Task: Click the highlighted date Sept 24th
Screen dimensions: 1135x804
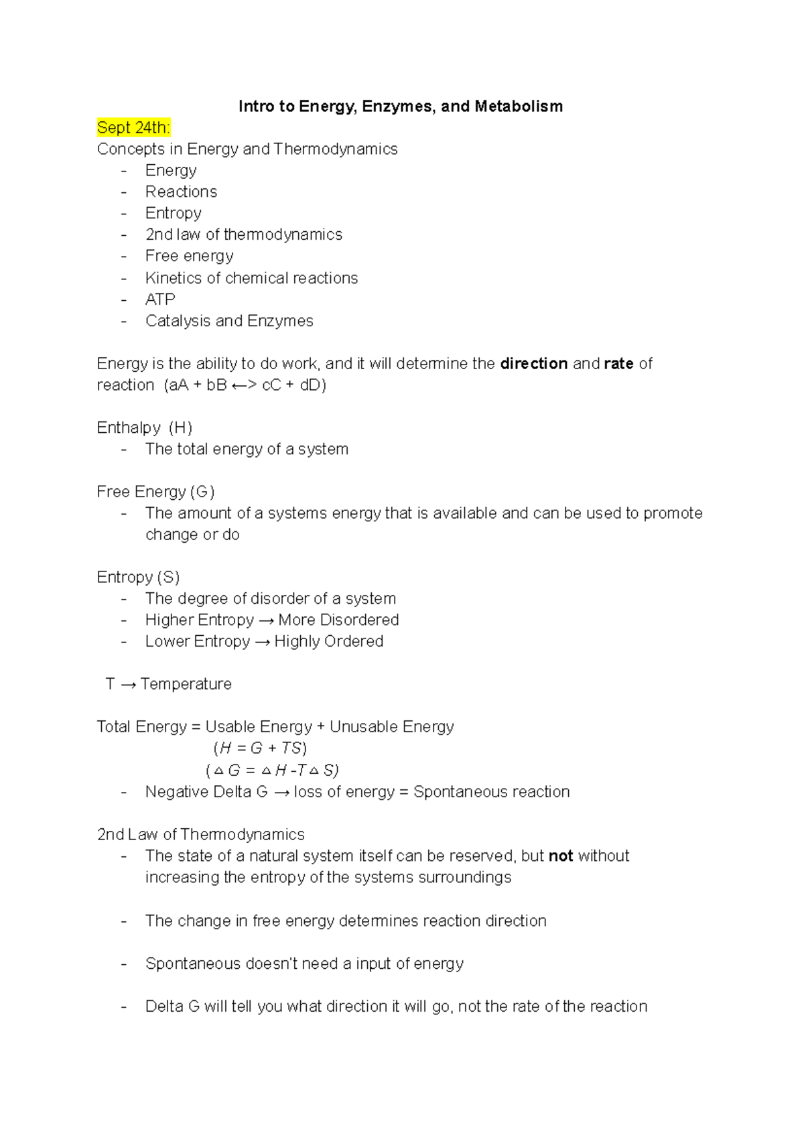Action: (133, 127)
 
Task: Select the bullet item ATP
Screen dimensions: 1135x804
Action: (160, 299)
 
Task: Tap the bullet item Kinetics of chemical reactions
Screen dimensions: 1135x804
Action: (251, 277)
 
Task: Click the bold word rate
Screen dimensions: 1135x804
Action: (618, 363)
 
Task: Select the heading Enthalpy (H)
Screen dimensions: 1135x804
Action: (144, 427)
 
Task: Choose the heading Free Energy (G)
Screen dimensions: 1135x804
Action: (155, 492)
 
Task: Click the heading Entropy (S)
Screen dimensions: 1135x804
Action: (138, 577)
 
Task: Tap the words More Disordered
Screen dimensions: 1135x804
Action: (338, 620)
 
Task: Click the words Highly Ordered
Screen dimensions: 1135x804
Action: (328, 641)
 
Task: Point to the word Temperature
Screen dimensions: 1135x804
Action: (186, 684)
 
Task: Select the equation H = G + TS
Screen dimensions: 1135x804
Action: (260, 748)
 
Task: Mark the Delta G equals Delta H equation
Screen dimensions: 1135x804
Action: (273, 770)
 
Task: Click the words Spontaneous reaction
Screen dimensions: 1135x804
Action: (491, 791)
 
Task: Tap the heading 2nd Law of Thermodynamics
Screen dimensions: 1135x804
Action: (200, 834)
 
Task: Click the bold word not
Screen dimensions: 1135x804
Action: (561, 856)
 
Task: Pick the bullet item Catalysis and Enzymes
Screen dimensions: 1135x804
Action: (229, 320)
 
